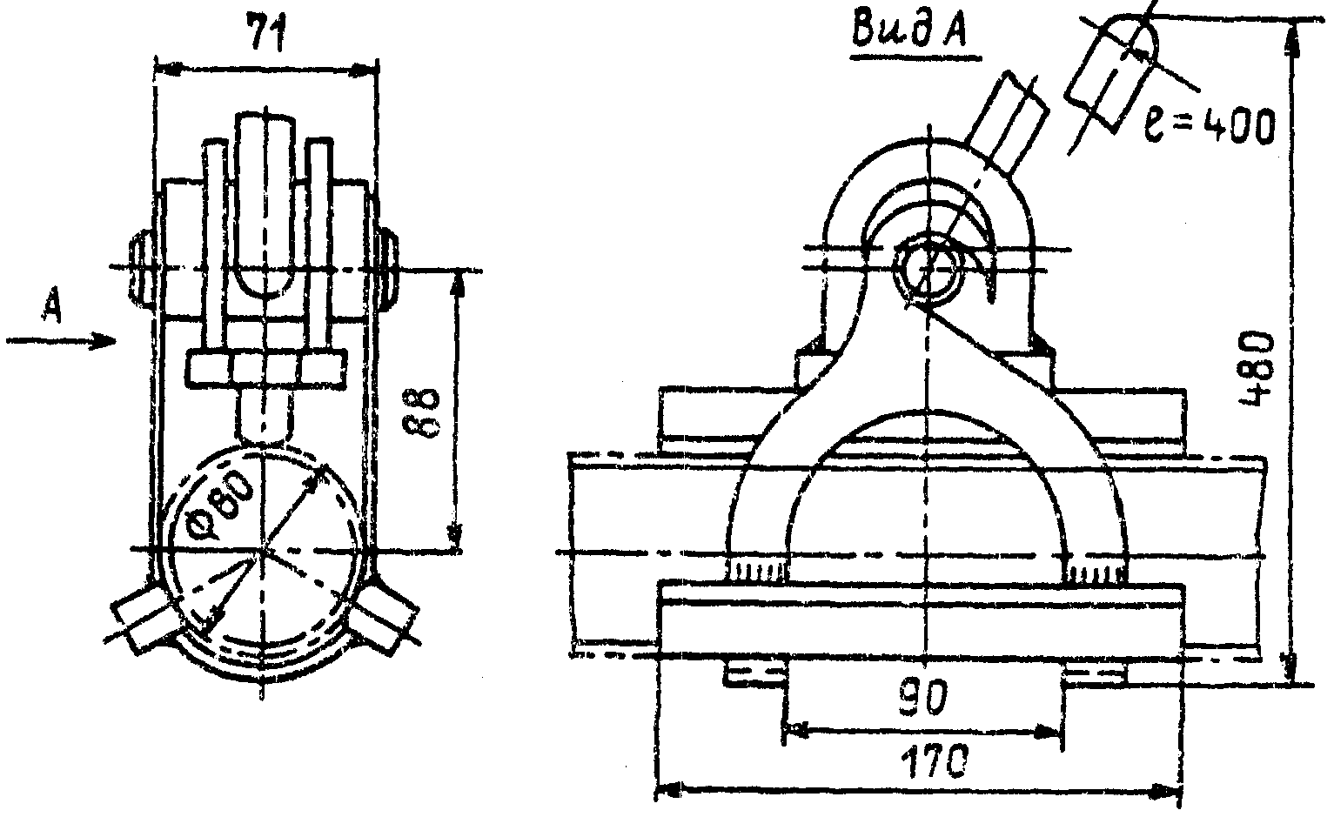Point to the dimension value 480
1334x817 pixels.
(x=1257, y=368)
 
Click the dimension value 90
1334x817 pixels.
(x=922, y=699)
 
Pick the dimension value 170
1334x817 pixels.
(x=932, y=763)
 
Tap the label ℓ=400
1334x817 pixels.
(x=1209, y=126)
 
